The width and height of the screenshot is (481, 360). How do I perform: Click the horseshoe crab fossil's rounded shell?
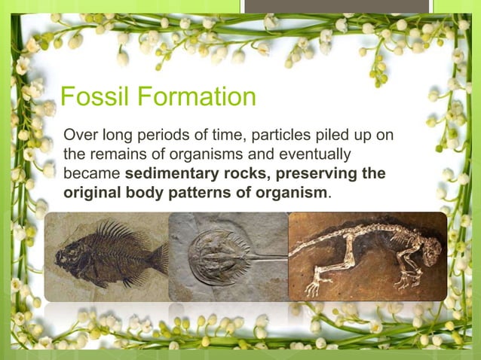(x=215, y=257)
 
